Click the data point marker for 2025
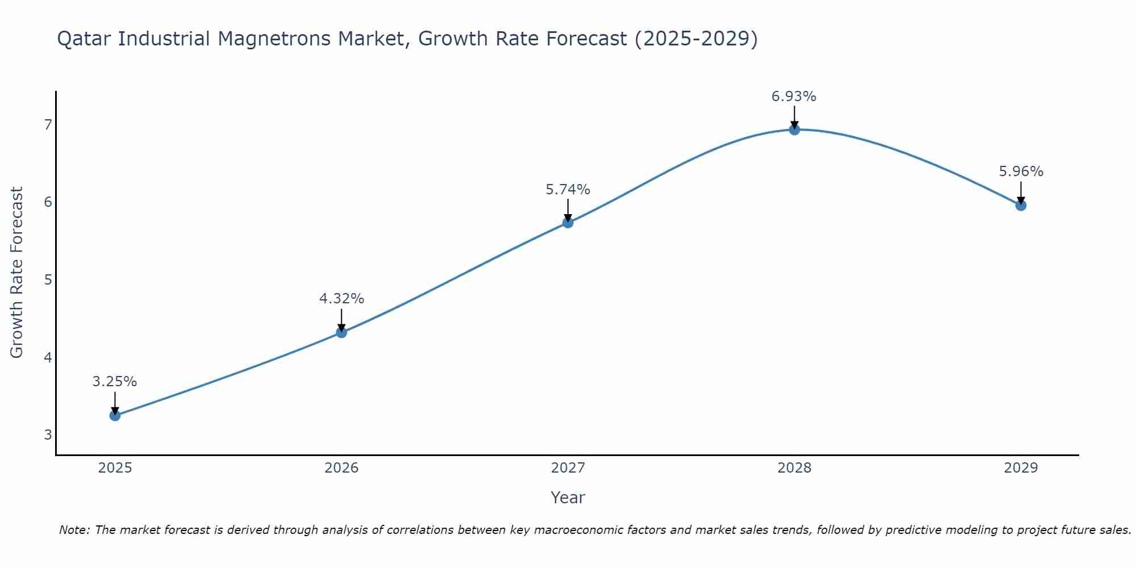tap(115, 415)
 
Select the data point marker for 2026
tap(341, 332)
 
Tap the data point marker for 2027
tap(567, 222)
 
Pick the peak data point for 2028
tap(794, 130)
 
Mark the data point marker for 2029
tap(1021, 205)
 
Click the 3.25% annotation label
tap(115, 382)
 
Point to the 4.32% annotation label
tap(341, 299)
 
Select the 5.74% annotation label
tap(567, 190)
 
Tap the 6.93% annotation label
tap(793, 97)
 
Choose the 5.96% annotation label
tap(1021, 172)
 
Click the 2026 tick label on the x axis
tap(341, 468)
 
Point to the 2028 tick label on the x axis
tap(794, 468)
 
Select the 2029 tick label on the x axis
tap(1021, 468)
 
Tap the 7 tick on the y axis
tap(48, 124)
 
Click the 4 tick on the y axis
tap(48, 357)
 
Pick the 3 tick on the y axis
tap(48, 435)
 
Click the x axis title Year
tap(567, 498)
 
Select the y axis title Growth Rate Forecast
tap(17, 273)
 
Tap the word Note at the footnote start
tap(74, 530)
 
